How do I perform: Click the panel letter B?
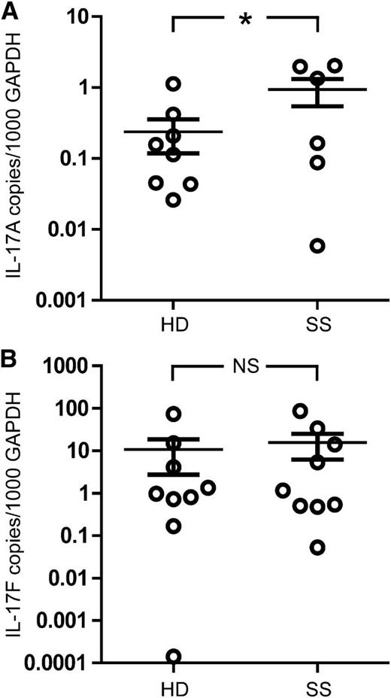11,359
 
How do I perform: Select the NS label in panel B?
245,366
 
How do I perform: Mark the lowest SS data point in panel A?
318,246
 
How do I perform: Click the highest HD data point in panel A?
173,83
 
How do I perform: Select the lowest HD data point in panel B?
173,657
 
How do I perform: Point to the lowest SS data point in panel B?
318,548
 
